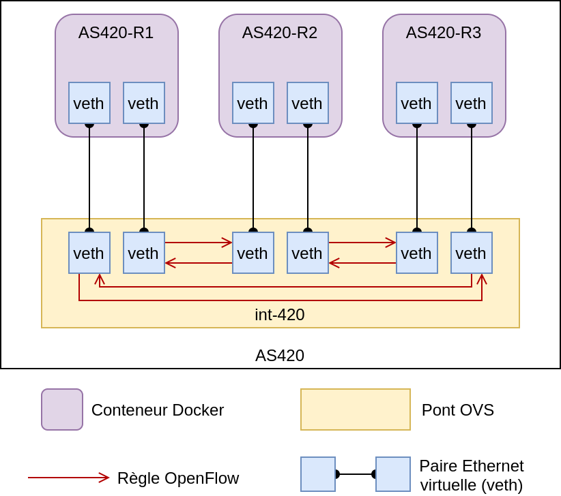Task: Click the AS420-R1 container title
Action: click(116, 33)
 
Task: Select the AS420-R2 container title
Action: click(280, 33)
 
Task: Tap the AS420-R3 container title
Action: click(444, 33)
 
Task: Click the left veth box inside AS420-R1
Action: click(89, 103)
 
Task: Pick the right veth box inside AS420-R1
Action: click(144, 103)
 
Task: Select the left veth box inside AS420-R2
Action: click(253, 103)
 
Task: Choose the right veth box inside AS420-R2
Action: click(308, 103)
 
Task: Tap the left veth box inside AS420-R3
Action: click(417, 103)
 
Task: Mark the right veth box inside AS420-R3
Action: click(472, 103)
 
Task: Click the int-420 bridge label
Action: click(280, 315)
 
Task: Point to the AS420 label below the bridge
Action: click(280, 356)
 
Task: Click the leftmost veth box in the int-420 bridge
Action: click(89, 253)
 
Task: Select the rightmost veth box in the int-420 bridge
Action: click(472, 253)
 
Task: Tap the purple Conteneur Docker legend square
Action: click(62, 409)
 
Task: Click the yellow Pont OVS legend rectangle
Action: click(356, 409)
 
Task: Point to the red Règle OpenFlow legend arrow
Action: click(68, 478)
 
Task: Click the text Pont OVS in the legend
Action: click(458, 410)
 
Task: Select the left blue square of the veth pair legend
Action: click(318, 474)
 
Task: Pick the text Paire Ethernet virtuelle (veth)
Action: click(472, 476)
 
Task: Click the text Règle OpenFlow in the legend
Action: click(178, 478)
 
